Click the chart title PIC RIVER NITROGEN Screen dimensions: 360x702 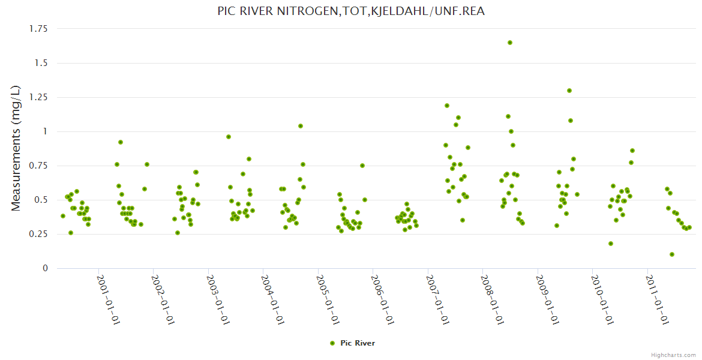(x=351, y=11)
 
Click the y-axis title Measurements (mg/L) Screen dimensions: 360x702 (x=16, y=148)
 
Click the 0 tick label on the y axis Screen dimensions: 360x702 (x=44, y=268)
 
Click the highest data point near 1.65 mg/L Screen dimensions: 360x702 (x=510, y=43)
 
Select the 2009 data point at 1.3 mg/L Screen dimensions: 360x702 (x=569, y=91)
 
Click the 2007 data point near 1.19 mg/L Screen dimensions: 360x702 (x=447, y=106)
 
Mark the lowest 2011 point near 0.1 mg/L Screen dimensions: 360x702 (x=672, y=254)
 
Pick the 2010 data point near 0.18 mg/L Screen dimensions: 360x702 (x=611, y=244)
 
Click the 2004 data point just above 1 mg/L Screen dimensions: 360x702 (x=301, y=126)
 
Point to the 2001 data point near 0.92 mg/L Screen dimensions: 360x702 (x=121, y=142)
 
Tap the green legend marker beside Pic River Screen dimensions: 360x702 (x=332, y=343)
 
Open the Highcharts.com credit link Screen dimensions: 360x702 (x=673, y=355)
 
